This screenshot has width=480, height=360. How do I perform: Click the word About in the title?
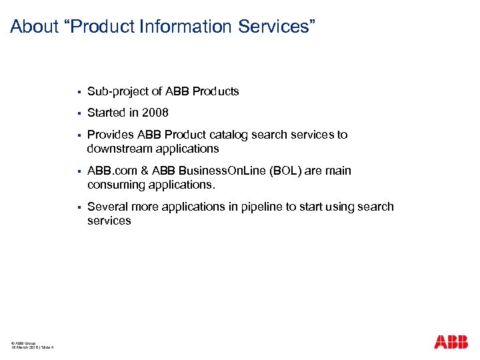[x=35, y=27]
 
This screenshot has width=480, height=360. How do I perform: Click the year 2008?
[x=155, y=113]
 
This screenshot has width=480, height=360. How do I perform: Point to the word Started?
[x=107, y=113]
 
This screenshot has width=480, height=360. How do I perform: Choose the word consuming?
[x=116, y=184]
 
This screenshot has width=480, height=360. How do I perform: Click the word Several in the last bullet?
[x=107, y=207]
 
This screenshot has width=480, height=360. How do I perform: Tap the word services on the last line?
[x=109, y=220]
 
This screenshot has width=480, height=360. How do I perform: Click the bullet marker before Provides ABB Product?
[x=79, y=135]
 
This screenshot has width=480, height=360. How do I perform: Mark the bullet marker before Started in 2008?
[x=79, y=113]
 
